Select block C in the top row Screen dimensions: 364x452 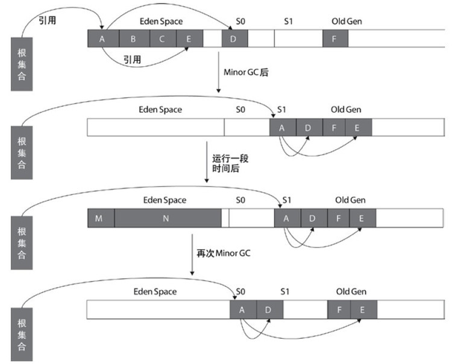tap(162, 39)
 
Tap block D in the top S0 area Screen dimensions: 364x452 tap(234, 39)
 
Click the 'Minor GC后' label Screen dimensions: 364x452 tap(245, 71)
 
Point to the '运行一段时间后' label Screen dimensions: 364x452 tap(230, 164)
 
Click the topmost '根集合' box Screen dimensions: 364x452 tap(22, 63)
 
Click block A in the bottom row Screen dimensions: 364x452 tap(242, 310)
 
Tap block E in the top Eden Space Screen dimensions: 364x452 tap(190, 39)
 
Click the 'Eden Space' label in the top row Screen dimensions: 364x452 tap(161, 21)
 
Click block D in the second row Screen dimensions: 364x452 tap(307, 128)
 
